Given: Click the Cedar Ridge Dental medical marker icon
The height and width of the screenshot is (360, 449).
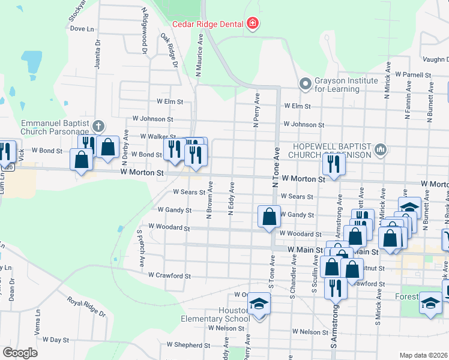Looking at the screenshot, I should click(253, 24).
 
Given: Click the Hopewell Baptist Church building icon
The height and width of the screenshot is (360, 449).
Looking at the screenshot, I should click(379, 149).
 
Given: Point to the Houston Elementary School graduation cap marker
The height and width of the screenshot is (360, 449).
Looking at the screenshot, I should click(259, 305).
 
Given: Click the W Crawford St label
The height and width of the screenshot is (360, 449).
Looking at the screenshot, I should click(169, 276).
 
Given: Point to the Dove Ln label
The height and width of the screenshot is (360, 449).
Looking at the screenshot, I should click(82, 28).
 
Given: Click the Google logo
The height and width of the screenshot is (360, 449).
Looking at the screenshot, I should click(20, 353).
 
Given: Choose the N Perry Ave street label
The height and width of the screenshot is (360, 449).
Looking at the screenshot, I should click(256, 110).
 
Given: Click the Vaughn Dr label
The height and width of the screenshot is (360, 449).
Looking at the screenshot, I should click(435, 59).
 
